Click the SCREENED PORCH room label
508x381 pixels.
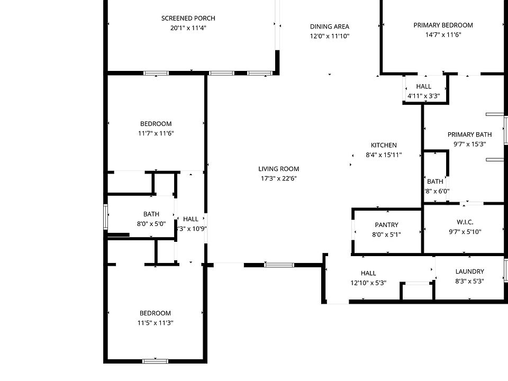tap(188, 19)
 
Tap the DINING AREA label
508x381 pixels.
tap(330, 26)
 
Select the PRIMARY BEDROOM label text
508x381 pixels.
tap(443, 25)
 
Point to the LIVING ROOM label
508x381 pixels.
tap(278, 169)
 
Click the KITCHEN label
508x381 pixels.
tap(384, 145)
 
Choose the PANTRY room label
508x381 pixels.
tap(386, 225)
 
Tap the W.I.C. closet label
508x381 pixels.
tap(464, 222)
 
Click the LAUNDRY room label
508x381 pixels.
tap(469, 271)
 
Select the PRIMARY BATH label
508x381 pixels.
tap(469, 134)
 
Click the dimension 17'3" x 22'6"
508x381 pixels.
tap(278, 178)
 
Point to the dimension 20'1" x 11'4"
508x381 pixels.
tap(188, 28)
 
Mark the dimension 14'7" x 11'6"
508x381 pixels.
tap(443, 34)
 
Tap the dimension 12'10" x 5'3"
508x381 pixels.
tap(368, 283)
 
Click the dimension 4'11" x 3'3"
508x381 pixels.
tap(423, 96)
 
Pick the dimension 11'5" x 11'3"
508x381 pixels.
tap(156, 323)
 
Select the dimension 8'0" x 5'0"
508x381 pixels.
tap(151, 223)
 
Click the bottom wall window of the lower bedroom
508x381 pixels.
tap(155, 361)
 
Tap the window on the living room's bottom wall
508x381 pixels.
tap(279, 265)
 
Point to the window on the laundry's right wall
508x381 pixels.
tap(506, 270)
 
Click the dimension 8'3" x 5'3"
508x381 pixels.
tap(469, 281)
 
